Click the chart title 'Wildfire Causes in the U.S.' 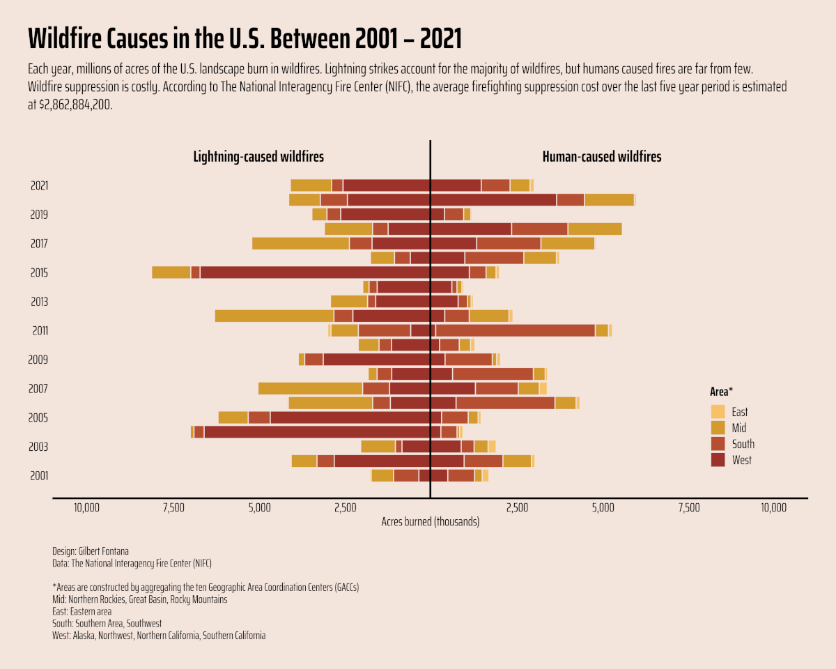point(245,39)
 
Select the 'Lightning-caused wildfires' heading point(258,157)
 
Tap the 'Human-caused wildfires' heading point(602,157)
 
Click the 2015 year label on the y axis point(40,273)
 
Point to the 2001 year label point(40,476)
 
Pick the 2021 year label point(40,186)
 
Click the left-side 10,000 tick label point(86,507)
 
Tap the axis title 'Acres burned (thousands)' point(431,521)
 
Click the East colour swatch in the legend point(718,412)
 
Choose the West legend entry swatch point(718,460)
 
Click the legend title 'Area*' point(721,392)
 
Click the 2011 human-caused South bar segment point(515,330)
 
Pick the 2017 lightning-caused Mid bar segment point(300,243)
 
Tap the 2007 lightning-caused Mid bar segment point(310,388)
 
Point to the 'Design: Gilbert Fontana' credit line point(91,551)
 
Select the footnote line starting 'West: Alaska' point(159,636)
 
